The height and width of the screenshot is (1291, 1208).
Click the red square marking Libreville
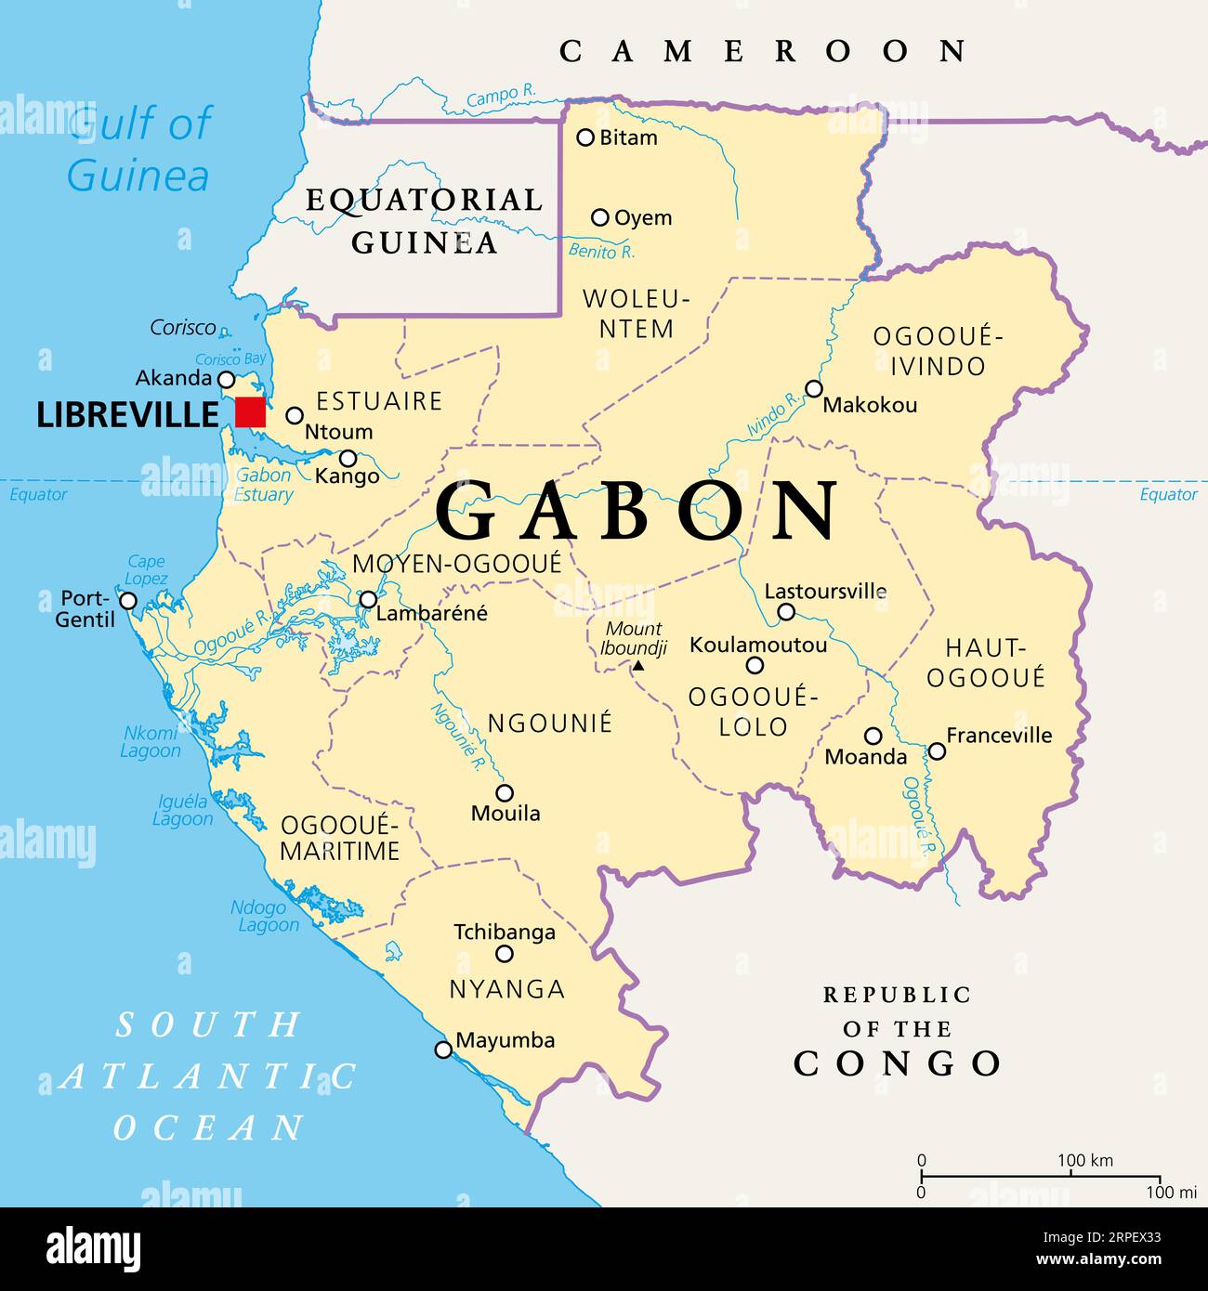point(250,411)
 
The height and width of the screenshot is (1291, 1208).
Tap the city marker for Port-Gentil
point(128,601)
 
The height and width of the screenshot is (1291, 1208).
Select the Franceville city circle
point(938,750)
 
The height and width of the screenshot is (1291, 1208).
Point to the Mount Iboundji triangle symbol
point(637,666)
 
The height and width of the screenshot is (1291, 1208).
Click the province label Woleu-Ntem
point(637,314)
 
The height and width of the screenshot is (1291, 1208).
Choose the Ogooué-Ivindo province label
point(939,351)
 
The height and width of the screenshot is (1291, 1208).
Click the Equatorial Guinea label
point(425,221)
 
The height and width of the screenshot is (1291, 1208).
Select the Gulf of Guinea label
point(139,150)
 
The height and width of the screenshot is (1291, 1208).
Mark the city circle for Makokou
point(814,388)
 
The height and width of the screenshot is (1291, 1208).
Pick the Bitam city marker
point(585,137)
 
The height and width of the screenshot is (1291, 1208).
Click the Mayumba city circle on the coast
point(444,1050)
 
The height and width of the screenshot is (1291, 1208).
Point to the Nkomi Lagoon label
point(151,742)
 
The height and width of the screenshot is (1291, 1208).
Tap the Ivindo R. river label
point(773,415)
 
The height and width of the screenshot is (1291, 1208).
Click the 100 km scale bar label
point(1084,1160)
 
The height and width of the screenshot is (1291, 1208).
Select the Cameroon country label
point(763,51)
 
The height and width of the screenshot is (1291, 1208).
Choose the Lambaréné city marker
point(369,599)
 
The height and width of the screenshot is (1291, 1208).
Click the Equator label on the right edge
point(1168,495)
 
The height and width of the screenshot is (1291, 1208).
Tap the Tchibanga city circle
point(505,954)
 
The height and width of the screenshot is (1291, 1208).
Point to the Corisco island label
point(183,328)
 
